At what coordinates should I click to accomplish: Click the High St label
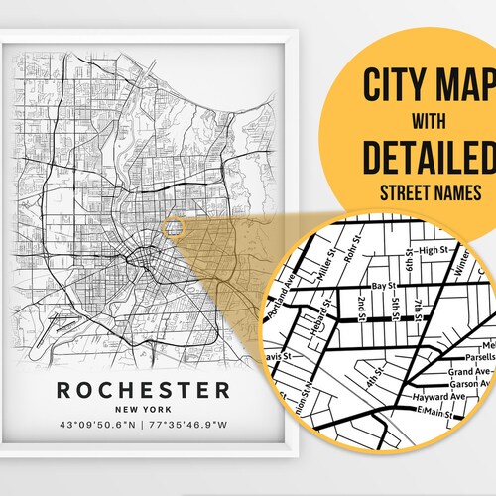(433, 250)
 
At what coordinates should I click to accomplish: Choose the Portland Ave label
(296, 293)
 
